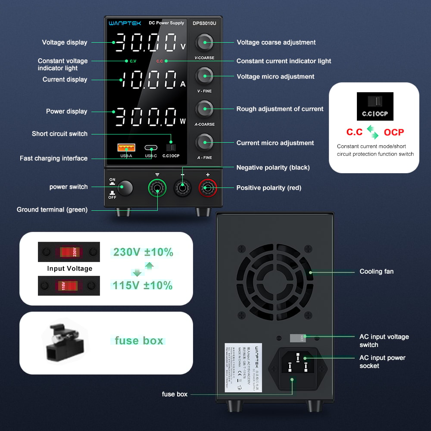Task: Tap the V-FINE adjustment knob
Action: (204, 76)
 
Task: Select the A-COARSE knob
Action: (204, 109)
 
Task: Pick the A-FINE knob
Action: (204, 142)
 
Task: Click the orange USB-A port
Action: (126, 148)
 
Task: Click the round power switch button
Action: (125, 188)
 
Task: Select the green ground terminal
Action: (157, 188)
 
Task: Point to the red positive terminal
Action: (208, 188)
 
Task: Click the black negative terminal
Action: (182, 188)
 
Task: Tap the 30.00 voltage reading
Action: (146, 42)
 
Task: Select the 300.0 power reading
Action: (146, 116)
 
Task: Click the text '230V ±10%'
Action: (143, 252)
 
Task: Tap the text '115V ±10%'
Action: (143, 285)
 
